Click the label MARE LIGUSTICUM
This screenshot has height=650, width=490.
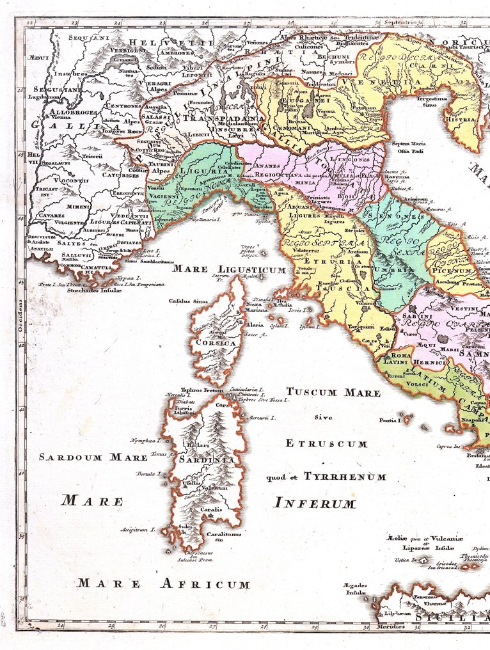tap(229, 269)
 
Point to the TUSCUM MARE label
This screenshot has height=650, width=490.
tap(333, 392)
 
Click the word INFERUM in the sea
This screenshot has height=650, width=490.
tap(314, 503)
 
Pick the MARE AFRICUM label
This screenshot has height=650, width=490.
tap(163, 583)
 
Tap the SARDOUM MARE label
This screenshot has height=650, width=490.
tap(93, 457)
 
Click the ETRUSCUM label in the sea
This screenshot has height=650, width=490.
tap(326, 443)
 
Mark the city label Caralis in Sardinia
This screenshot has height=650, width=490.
tap(210, 510)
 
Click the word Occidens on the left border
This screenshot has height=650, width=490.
tap(20, 314)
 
